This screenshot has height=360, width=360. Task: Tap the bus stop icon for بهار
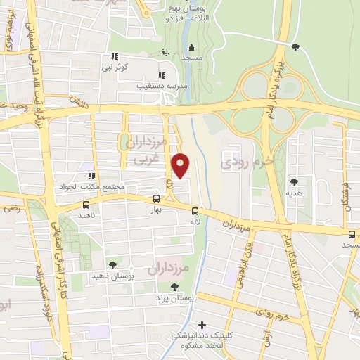coord(156,199)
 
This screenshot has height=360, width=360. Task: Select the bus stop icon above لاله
coord(195,210)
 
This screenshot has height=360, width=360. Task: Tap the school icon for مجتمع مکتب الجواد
coord(91,176)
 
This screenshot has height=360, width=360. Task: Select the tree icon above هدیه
coord(294,181)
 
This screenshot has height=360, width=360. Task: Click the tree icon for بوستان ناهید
coord(112,264)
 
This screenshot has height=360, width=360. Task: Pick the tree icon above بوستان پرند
coord(174,286)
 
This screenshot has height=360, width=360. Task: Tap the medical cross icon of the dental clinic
coord(202,325)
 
